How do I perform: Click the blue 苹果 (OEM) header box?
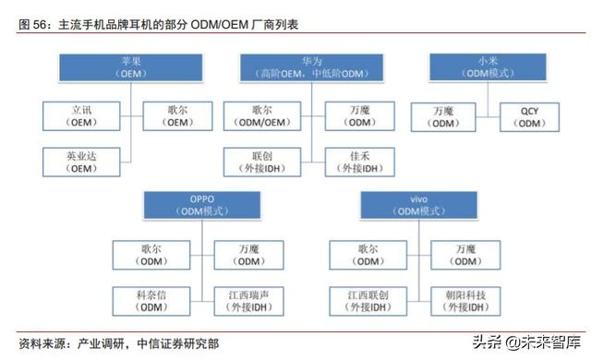tap(130, 67)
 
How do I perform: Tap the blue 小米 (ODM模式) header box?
tap(476, 67)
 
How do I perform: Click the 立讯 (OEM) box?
tap(81, 114)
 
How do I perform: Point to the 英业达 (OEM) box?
tap(81, 162)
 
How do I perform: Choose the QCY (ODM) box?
tap(529, 114)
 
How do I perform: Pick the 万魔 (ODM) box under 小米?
tap(442, 114)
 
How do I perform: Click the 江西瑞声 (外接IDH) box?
tap(249, 300)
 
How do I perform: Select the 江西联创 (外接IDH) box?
tap(367, 300)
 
